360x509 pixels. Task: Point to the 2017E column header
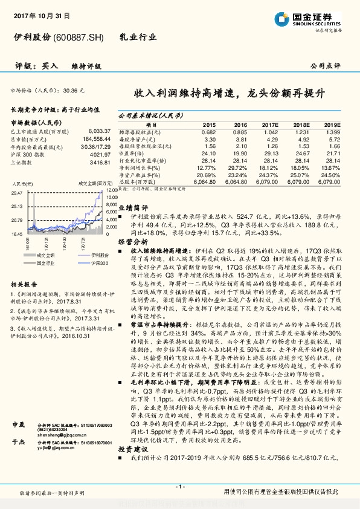[x=270, y=125]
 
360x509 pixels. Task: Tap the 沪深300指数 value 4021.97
[x=100, y=155]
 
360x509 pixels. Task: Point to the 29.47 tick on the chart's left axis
[x=16, y=192]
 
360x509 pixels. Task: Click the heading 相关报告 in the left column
[x=24, y=284]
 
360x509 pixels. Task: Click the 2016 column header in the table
[x=239, y=125]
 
